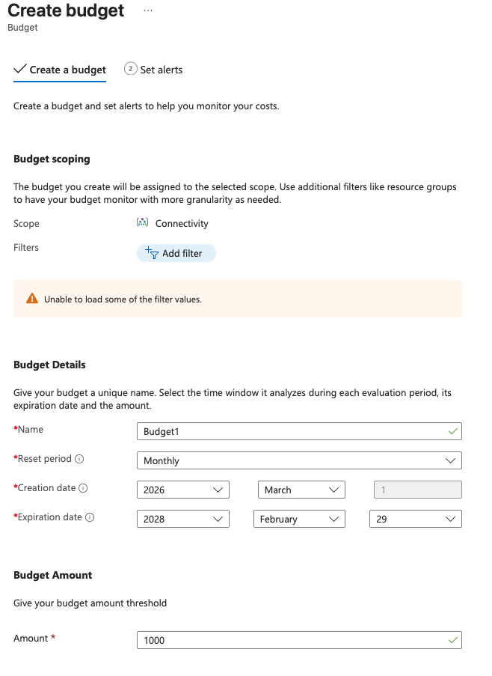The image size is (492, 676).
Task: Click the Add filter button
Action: pyautogui.click(x=176, y=254)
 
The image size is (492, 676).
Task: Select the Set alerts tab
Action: pyautogui.click(x=153, y=70)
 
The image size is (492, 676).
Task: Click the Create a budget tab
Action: pyautogui.click(x=60, y=70)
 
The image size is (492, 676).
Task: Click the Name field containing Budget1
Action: pyautogui.click(x=299, y=432)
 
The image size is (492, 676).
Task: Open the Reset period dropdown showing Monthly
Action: pyautogui.click(x=299, y=460)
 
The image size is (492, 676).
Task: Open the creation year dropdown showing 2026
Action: pyautogui.click(x=183, y=490)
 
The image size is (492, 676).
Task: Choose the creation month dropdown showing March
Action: pyautogui.click(x=301, y=490)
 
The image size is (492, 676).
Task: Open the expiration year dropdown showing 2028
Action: pyautogui.click(x=183, y=519)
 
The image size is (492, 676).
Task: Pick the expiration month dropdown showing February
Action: pyautogui.click(x=301, y=519)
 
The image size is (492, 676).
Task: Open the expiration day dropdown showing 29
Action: pyautogui.click(x=415, y=519)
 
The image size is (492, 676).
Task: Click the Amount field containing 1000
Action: pyautogui.click(x=299, y=640)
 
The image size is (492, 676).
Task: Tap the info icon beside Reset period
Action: pyautogui.click(x=79, y=459)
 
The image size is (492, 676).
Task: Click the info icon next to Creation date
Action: pyautogui.click(x=83, y=488)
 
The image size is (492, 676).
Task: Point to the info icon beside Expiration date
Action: pyautogui.click(x=90, y=517)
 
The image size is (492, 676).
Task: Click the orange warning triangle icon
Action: pyautogui.click(x=31, y=299)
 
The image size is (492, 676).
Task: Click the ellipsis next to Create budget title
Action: pyautogui.click(x=148, y=10)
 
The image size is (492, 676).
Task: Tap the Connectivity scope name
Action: pyautogui.click(x=182, y=223)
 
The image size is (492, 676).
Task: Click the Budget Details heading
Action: pyautogui.click(x=49, y=365)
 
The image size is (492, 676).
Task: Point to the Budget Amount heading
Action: pyautogui.click(x=52, y=575)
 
